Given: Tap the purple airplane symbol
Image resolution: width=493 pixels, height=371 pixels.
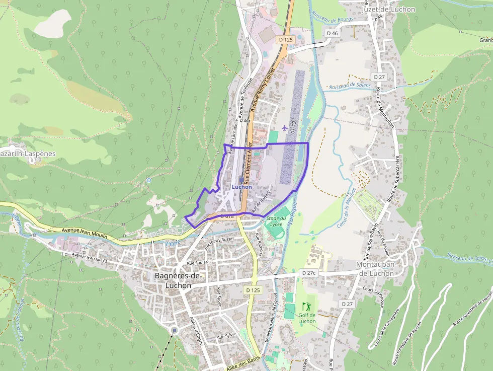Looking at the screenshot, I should click(x=286, y=127).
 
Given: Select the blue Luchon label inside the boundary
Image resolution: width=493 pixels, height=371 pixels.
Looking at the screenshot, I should click(x=242, y=187).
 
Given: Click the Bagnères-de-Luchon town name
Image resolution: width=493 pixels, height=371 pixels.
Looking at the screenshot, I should click(x=178, y=281).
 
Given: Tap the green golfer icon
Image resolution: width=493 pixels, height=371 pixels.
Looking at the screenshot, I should click(x=306, y=306).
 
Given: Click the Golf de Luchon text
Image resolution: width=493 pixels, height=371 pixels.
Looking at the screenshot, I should click(x=307, y=318).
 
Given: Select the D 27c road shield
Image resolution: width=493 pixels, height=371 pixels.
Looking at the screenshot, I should click(x=309, y=273).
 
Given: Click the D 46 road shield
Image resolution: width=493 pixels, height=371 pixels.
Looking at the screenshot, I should click(x=332, y=33).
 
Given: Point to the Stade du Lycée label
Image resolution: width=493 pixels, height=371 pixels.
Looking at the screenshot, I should click(x=276, y=221).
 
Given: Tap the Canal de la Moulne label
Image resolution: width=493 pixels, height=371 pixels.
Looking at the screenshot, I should click(x=344, y=210).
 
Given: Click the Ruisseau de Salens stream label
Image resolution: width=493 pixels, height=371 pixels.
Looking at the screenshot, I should click(x=350, y=86).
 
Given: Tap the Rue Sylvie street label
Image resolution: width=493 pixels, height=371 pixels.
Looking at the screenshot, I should click(x=226, y=336).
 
